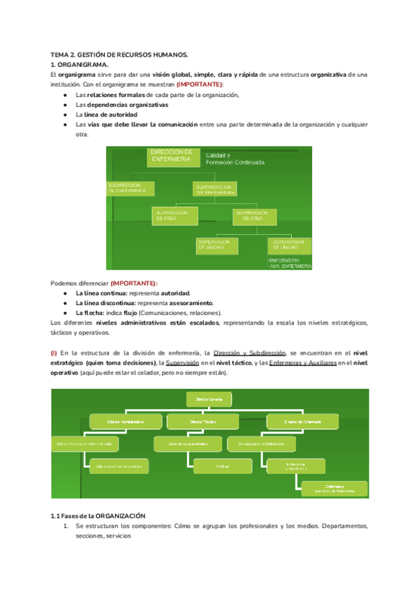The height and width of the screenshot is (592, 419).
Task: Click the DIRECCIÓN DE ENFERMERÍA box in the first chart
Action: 172,156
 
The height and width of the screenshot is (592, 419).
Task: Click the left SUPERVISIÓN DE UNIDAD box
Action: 219,244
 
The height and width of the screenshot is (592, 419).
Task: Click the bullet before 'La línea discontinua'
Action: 65,303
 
